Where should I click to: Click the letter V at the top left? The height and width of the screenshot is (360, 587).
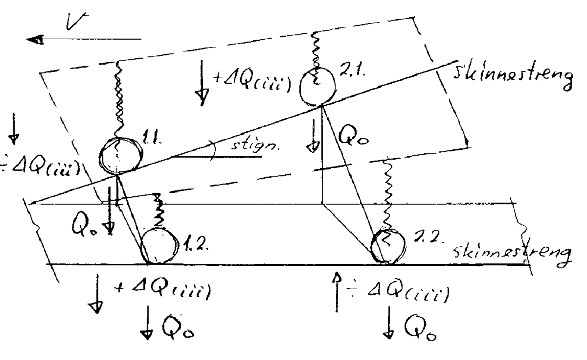coord(76,21)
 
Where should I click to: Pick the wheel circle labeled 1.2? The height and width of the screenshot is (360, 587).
coord(159,245)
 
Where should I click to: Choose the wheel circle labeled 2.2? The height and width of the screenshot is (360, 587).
coord(388,245)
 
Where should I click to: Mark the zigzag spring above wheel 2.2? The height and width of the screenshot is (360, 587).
coord(387,193)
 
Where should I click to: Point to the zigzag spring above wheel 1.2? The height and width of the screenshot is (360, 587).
coord(158,211)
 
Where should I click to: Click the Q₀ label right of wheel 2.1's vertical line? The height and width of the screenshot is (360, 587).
coord(352,138)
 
